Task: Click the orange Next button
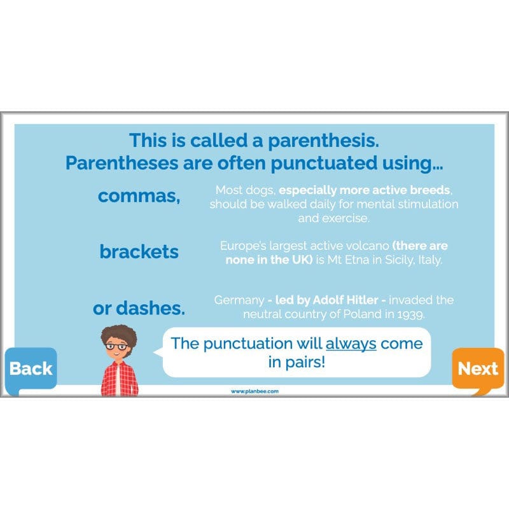pyautogui.click(x=478, y=368)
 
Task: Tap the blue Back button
pyautogui.click(x=31, y=368)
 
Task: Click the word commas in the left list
pyautogui.click(x=139, y=196)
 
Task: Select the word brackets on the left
pyautogui.click(x=139, y=252)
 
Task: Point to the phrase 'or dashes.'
pyautogui.click(x=139, y=309)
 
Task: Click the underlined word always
pyautogui.click(x=351, y=344)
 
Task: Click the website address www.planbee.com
pyautogui.click(x=254, y=391)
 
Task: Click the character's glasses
pyautogui.click(x=116, y=346)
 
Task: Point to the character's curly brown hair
pyautogui.click(x=118, y=333)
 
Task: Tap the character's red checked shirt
pyautogui.click(x=120, y=378)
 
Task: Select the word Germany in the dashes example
pyautogui.click(x=238, y=300)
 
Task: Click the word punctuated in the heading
pyautogui.click(x=326, y=164)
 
